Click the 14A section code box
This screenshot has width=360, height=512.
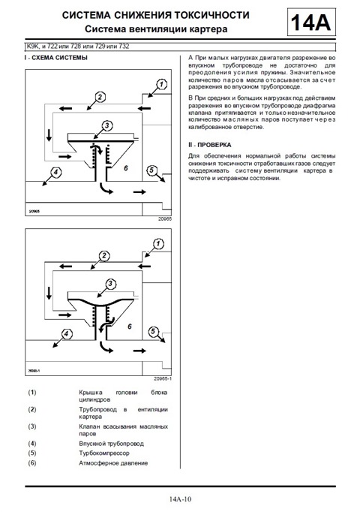click(311, 23)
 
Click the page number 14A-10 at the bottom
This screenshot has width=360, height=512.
click(180, 499)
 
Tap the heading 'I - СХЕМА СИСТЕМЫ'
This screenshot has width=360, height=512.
click(56, 58)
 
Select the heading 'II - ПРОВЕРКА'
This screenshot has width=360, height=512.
click(210, 145)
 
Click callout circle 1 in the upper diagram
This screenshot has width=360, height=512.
click(161, 85)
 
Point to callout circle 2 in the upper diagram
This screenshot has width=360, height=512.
click(100, 97)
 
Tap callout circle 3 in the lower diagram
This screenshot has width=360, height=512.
click(110, 284)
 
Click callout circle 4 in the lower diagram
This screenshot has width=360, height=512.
click(66, 334)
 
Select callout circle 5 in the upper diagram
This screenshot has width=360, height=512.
click(152, 170)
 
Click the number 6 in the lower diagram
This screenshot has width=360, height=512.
click(130, 327)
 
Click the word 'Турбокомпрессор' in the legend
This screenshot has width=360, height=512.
click(104, 453)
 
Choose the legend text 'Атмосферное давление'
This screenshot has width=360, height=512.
click(113, 463)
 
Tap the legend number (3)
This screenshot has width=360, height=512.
click(32, 426)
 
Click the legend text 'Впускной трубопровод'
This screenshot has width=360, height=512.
click(111, 444)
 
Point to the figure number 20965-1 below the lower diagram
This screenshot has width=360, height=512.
click(163, 379)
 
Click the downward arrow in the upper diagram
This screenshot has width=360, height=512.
click(49, 135)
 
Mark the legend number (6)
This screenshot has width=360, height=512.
click(32, 463)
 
